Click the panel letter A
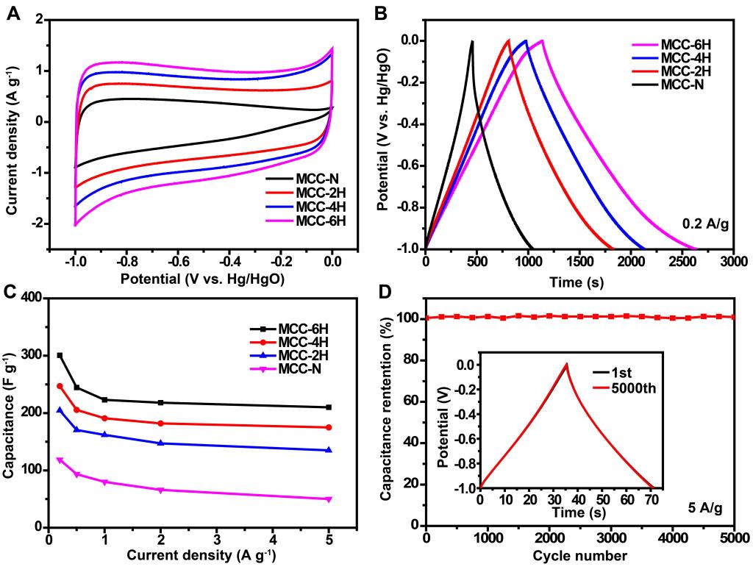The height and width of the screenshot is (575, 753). [13, 13]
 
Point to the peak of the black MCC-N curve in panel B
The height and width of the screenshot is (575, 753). [471, 41]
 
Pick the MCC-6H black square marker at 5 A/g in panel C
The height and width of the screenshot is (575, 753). [328, 407]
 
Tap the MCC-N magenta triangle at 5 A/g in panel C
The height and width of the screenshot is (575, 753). [328, 499]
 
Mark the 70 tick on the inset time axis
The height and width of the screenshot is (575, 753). [652, 500]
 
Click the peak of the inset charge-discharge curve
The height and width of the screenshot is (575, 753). [566, 363]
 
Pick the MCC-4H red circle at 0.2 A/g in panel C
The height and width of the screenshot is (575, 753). [60, 385]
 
